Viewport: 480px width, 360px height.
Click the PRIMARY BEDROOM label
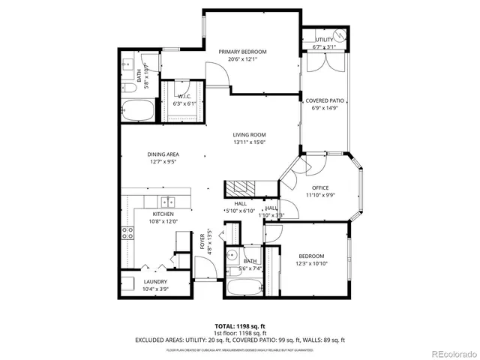coord(242,52)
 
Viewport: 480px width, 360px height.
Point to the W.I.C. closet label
coord(184,97)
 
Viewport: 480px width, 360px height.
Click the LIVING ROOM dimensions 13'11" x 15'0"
coord(250,142)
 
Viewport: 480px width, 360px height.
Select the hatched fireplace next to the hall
coord(241,187)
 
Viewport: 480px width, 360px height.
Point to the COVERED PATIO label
coord(325,100)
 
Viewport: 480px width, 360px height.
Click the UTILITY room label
coord(324,39)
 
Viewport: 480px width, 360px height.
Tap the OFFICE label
coord(320,187)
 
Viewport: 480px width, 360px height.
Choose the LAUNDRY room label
coord(155,282)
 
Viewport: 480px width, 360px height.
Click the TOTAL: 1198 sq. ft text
coord(239,326)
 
